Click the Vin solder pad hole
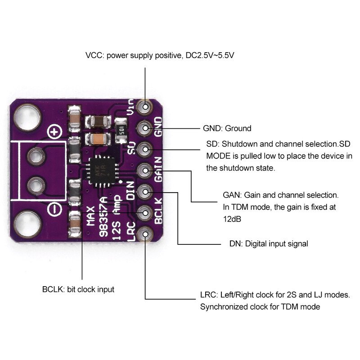pos(145,107)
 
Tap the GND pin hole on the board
pos(145,128)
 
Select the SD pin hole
pos(145,148)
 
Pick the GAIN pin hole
pos(145,170)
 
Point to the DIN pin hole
pos(145,192)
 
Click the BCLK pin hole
pos(145,212)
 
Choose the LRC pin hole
pos(145,234)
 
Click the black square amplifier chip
pos(103,171)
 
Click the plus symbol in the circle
pos(55,133)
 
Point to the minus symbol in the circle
pos(55,209)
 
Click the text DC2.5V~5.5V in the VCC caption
pos(209,56)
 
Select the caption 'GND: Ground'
pos(227,129)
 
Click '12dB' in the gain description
pos(233,219)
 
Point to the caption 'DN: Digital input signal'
pos(265,244)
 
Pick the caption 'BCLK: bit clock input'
pos(78,289)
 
